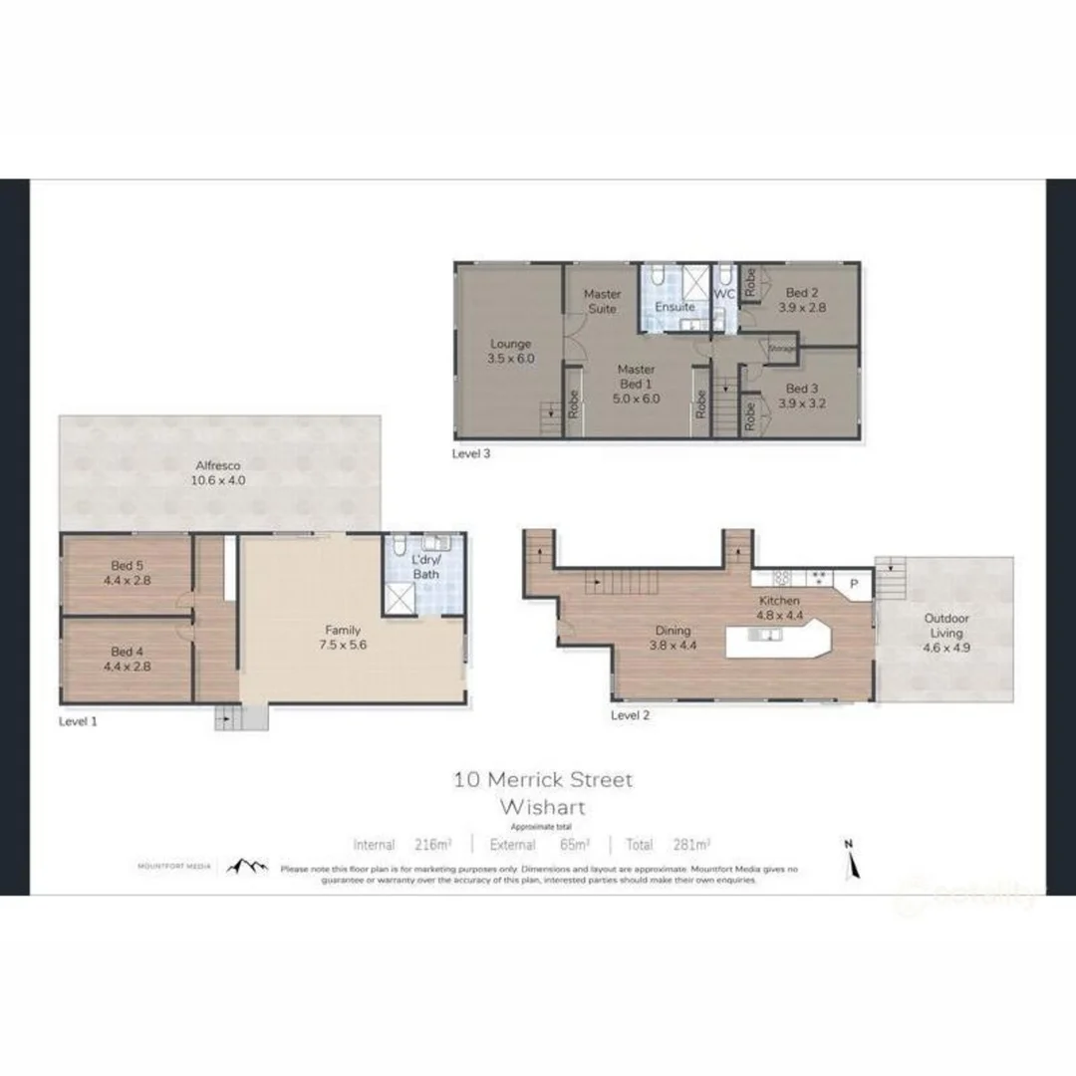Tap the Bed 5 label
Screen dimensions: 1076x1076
[x=127, y=566]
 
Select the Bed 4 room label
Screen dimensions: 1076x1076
[x=127, y=653]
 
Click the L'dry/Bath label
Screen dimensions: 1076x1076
[x=426, y=567]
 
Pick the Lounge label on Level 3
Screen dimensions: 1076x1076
[x=510, y=344]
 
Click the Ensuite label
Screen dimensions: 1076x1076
[x=674, y=307]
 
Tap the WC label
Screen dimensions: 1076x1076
[x=724, y=295]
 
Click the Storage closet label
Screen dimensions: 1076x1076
[x=782, y=349]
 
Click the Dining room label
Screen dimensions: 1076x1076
[x=672, y=630]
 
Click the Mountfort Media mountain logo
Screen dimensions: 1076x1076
[x=247, y=867]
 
